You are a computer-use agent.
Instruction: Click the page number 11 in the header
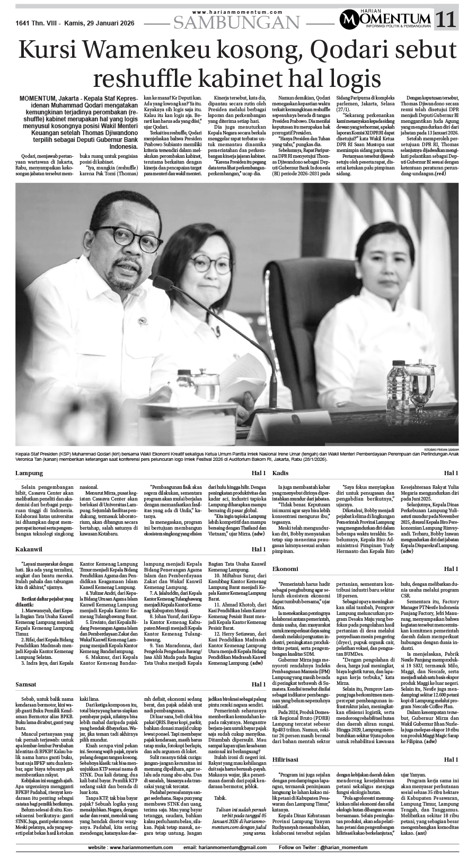pos(445,21)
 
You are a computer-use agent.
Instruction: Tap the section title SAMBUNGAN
pos(236,22)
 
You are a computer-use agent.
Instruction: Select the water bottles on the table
pos(399,378)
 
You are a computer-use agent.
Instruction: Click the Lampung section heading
pos(29,472)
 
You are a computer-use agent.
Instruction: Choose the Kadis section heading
pos(280,472)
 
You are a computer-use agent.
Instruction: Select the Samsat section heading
pos(27,684)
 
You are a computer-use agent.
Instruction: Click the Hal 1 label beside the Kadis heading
pos(451,472)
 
